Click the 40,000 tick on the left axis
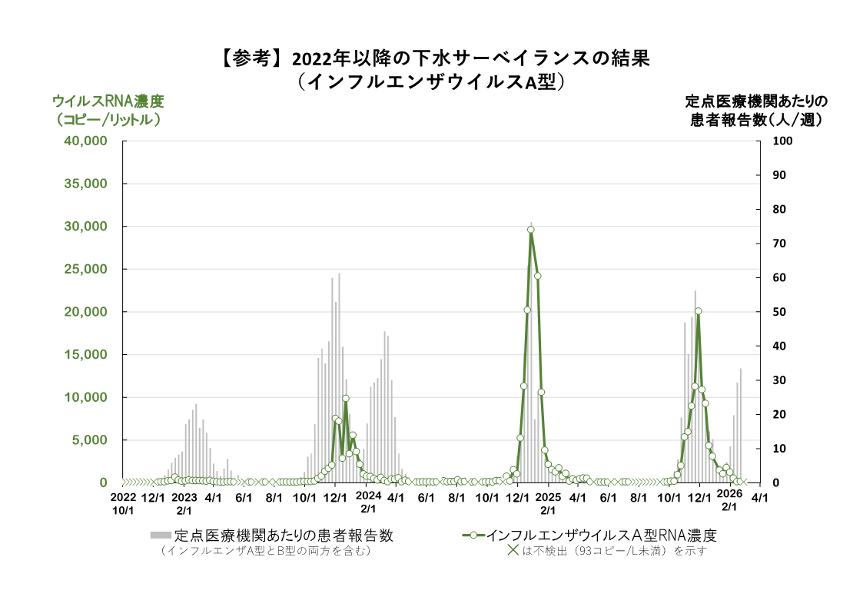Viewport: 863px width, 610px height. [85, 141]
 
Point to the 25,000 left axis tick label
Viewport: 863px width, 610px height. [85, 270]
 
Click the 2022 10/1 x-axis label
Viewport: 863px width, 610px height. [124, 503]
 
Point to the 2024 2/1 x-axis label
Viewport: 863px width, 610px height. [368, 503]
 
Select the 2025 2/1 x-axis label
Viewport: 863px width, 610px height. [548, 503]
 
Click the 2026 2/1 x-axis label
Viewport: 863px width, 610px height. [729, 503]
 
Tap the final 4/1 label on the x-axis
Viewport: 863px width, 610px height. [759, 498]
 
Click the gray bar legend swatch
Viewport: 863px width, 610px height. [161, 535]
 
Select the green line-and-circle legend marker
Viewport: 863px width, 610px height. [473, 535]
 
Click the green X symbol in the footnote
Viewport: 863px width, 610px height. [513, 550]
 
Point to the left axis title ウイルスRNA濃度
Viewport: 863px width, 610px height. [108, 101]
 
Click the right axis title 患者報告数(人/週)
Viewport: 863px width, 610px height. [756, 120]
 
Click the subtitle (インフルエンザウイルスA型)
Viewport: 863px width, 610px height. [436, 81]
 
